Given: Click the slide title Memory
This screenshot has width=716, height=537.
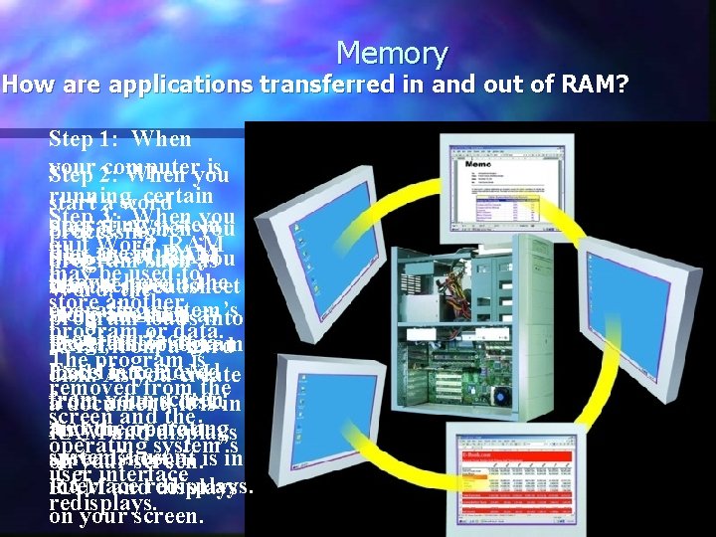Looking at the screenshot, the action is click(392, 53).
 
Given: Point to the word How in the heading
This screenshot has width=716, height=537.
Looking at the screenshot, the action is click(29, 86).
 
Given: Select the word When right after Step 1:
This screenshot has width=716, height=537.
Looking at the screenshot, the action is click(160, 140).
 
